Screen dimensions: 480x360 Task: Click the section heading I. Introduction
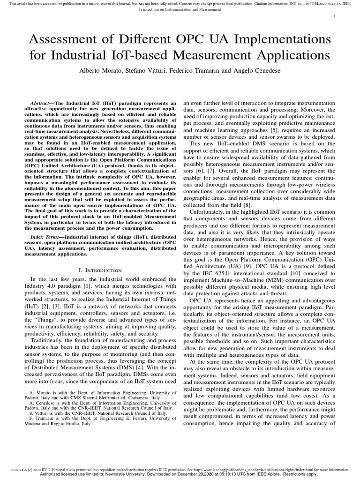tap(101, 270)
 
